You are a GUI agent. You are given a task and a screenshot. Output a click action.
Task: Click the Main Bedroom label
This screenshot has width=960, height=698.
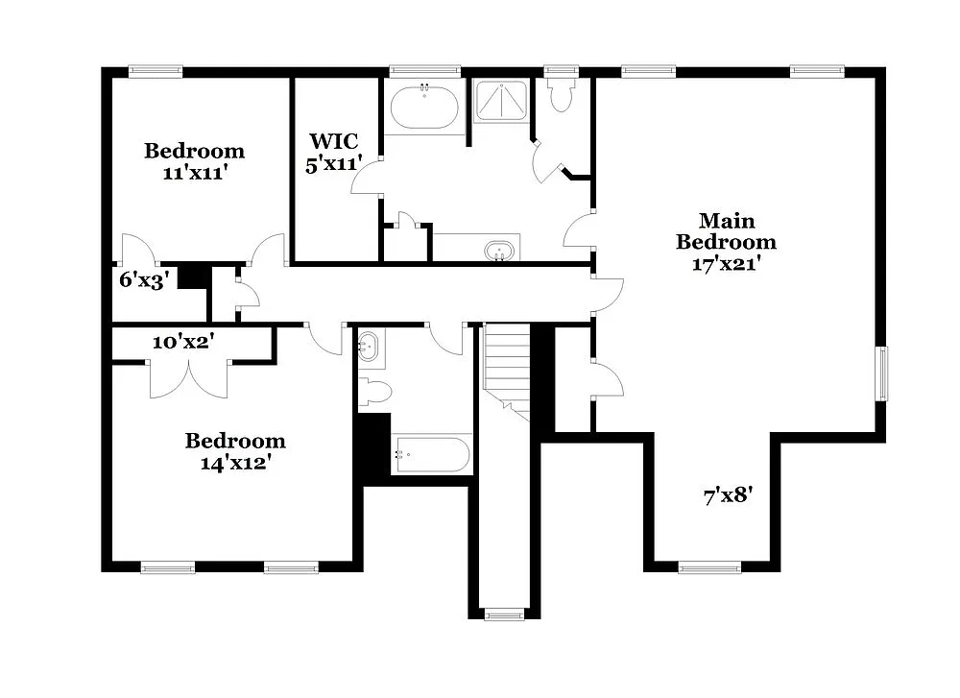(x=725, y=231)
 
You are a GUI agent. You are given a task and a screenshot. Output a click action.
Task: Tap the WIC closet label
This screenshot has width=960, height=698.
(x=332, y=143)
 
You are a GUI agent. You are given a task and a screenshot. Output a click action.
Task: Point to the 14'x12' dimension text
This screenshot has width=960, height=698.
(x=235, y=464)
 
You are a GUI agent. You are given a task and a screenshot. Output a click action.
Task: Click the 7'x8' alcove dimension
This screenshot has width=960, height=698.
(x=725, y=496)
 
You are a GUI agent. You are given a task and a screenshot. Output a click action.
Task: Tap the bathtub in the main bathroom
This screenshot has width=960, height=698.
(x=423, y=107)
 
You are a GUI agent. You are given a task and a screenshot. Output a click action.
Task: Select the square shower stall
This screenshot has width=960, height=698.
(x=502, y=100)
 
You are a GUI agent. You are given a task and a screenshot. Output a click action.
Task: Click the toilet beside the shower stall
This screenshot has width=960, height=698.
(x=560, y=95)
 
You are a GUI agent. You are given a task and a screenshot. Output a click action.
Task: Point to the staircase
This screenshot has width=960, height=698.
(x=507, y=370)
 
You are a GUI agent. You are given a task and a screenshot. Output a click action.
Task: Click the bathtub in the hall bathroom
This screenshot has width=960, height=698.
(x=431, y=454)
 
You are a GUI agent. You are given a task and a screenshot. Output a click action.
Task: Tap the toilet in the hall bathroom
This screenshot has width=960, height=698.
(x=375, y=391)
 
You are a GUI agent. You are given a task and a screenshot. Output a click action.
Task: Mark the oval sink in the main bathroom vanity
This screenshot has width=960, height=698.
(x=499, y=251)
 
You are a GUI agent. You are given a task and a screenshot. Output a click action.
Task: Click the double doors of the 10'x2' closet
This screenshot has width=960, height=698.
(x=189, y=377)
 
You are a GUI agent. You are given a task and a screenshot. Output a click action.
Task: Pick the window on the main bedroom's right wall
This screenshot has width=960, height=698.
(x=880, y=373)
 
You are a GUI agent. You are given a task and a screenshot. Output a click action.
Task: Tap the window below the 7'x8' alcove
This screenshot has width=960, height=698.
(x=708, y=567)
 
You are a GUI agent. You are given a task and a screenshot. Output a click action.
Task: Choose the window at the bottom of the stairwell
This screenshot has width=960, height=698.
(x=503, y=614)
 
